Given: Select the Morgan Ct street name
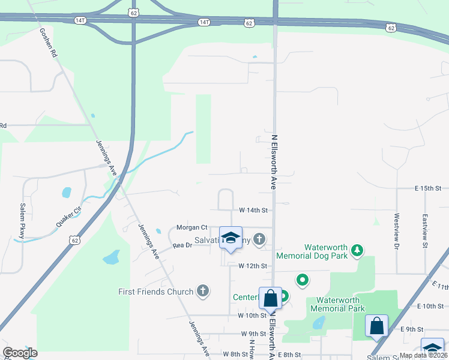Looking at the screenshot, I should click(x=191, y=227).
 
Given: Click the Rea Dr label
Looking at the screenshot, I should click(x=182, y=245).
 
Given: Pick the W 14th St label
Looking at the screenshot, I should click(x=253, y=210).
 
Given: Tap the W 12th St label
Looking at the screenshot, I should click(x=252, y=265).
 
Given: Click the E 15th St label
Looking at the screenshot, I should click(x=427, y=188).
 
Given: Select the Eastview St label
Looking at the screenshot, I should click(x=424, y=231).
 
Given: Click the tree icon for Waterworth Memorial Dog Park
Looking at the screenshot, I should click(x=357, y=250).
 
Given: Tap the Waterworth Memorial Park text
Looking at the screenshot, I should click(x=337, y=304).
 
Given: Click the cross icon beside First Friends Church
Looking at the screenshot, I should click(x=203, y=292).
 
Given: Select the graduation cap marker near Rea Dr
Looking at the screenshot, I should click(x=231, y=238).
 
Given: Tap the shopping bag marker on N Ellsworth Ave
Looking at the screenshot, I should click(x=270, y=298).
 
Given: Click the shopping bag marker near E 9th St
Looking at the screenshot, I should click(x=376, y=326).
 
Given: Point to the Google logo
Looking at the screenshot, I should click(x=20, y=353).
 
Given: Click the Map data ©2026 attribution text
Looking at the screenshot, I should click(x=424, y=355).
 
